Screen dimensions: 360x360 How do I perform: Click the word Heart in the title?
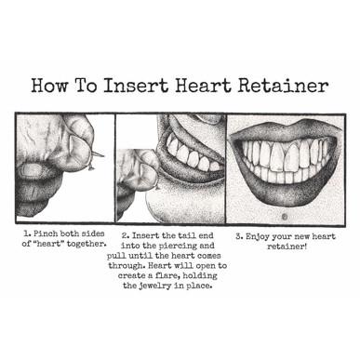point(203,86)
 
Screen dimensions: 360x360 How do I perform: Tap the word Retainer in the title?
point(283,86)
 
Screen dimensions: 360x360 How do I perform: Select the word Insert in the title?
point(136,86)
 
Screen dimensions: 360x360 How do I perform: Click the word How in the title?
point(49,86)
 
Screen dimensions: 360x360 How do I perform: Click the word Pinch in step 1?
point(46,233)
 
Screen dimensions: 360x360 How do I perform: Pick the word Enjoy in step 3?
point(258,237)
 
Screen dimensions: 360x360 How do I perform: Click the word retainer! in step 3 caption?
point(287,247)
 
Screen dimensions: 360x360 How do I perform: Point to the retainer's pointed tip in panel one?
point(103,155)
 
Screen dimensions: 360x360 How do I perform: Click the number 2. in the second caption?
point(126,236)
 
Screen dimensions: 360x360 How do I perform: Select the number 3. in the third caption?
point(239,237)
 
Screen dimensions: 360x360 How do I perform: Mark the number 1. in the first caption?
point(28,233)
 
